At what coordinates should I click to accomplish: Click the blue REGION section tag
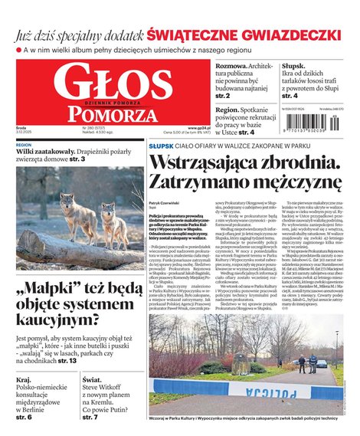(x=24, y=144)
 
